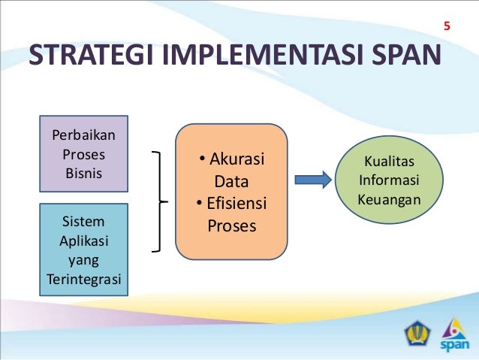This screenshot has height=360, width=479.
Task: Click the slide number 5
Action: (x=447, y=28)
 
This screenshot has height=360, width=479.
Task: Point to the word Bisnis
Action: (x=84, y=173)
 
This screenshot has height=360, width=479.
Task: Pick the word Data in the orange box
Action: (x=231, y=183)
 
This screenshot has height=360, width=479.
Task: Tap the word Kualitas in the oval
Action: (x=388, y=162)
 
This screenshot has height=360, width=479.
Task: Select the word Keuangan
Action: (x=389, y=201)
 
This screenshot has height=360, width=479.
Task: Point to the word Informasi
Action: (x=389, y=181)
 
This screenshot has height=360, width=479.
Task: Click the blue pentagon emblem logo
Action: (x=415, y=334)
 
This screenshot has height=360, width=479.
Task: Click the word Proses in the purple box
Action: (x=84, y=155)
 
